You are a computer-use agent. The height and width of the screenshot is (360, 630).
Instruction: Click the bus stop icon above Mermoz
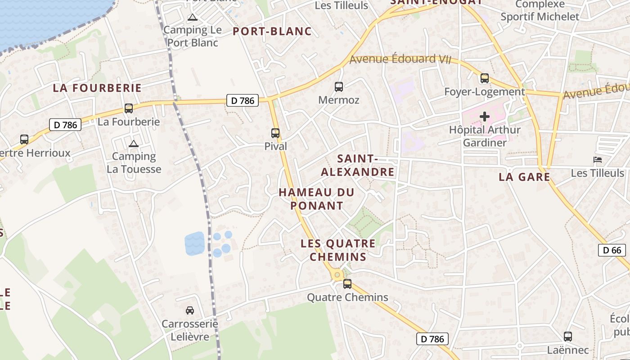(339, 87)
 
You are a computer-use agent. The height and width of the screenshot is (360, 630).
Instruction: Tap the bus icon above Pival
(275, 133)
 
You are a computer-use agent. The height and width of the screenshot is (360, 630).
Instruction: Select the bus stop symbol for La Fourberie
(129, 108)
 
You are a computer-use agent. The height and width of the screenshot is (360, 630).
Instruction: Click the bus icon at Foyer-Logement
(485, 78)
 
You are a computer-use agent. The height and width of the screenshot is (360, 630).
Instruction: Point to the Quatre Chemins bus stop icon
(347, 284)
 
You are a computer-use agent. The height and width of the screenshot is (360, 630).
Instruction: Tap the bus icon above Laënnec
(568, 337)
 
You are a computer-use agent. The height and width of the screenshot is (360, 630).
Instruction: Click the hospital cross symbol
(485, 117)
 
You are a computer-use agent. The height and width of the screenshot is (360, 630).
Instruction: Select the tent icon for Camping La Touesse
(133, 144)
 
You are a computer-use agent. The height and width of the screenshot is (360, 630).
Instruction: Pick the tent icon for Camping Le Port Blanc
(193, 18)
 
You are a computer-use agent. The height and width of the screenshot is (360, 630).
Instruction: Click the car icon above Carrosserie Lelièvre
(190, 310)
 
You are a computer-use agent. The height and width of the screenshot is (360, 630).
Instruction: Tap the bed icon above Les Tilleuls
(598, 160)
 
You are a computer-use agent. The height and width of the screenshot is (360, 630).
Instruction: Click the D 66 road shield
(612, 250)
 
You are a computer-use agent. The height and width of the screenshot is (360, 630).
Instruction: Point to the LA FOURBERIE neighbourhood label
(97, 88)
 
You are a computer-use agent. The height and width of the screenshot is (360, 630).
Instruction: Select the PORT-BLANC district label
(272, 31)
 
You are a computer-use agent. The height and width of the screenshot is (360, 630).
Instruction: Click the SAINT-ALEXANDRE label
(358, 165)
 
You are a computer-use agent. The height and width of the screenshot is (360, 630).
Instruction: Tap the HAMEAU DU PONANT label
(317, 199)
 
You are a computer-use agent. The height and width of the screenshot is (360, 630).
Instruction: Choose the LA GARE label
(525, 177)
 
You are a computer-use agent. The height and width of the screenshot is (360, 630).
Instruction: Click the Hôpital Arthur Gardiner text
(485, 136)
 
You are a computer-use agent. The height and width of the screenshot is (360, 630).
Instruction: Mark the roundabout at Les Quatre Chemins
(337, 274)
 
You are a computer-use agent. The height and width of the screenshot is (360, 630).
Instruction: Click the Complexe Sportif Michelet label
(540, 11)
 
